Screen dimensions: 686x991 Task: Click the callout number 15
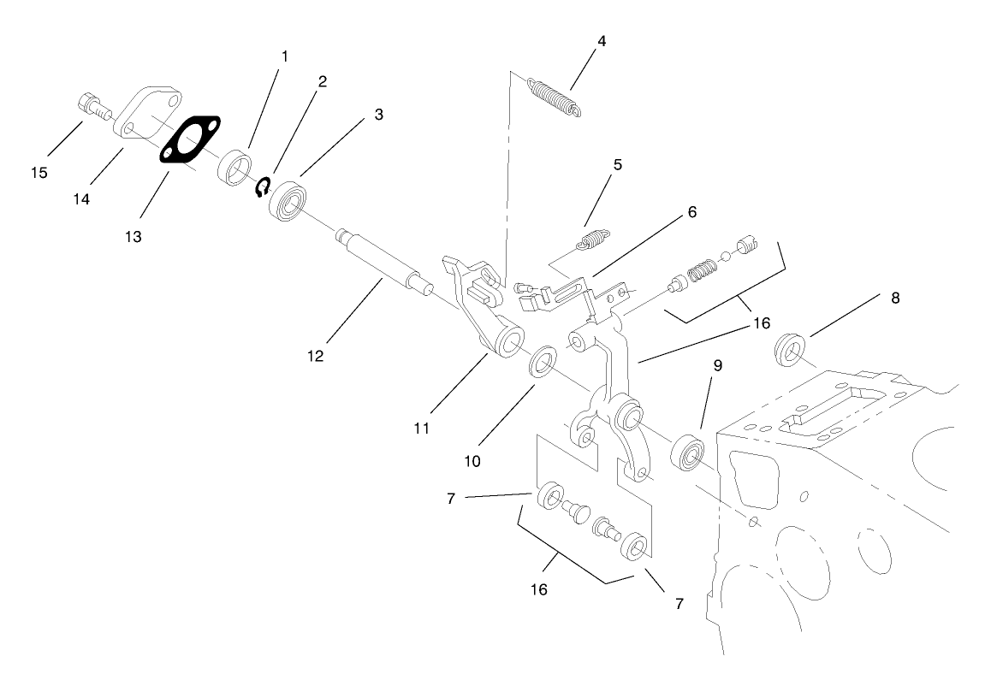point(39,173)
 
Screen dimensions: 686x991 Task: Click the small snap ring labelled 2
point(264,186)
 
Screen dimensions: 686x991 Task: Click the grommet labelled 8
point(788,350)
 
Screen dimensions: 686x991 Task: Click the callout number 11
point(421,427)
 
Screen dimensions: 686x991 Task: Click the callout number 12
point(316,356)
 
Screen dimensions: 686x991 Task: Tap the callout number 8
point(895,299)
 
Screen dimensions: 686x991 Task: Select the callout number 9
point(718,365)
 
